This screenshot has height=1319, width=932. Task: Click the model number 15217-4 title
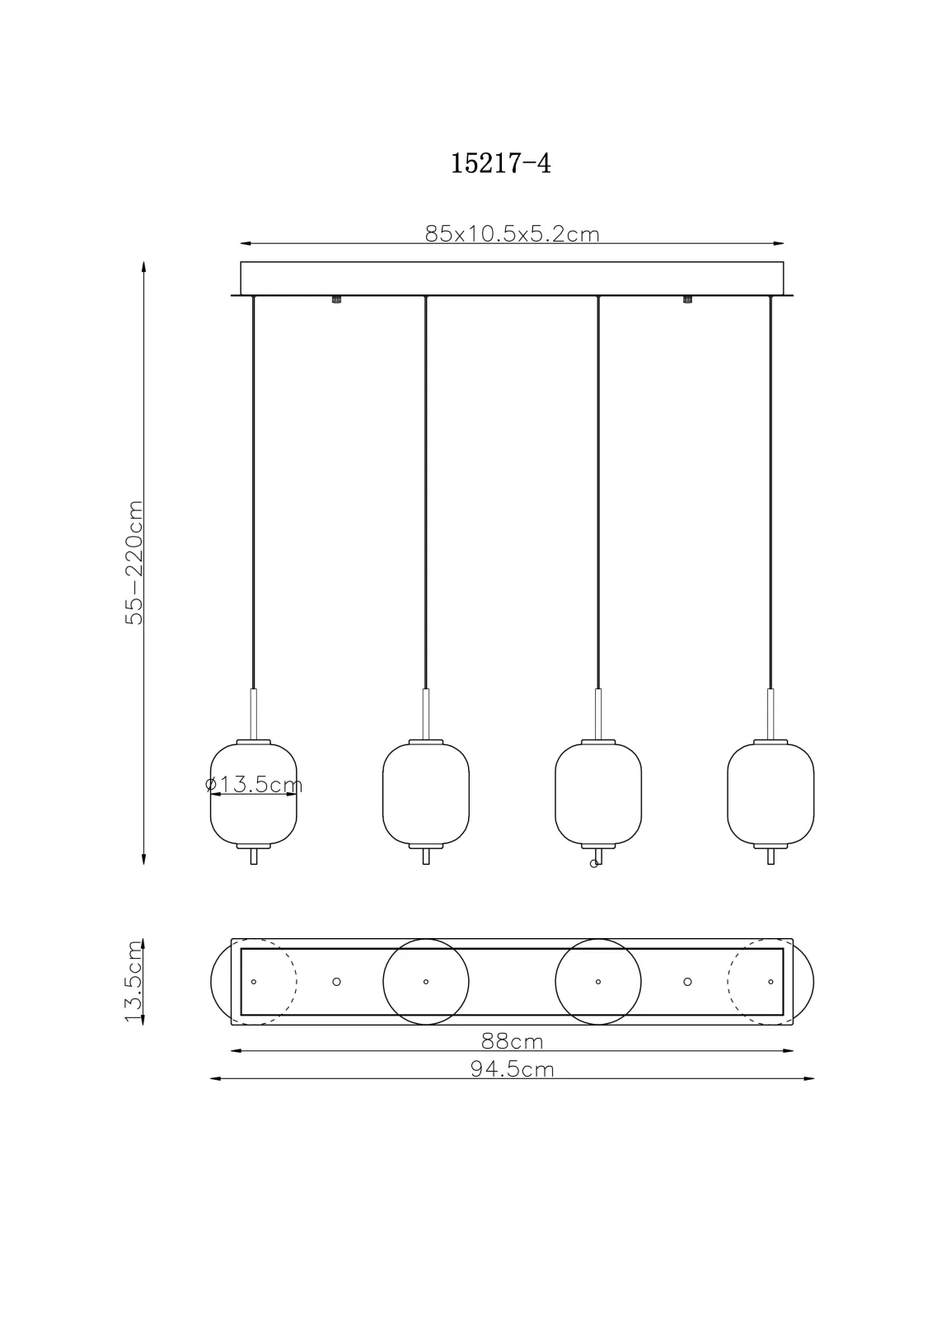500,163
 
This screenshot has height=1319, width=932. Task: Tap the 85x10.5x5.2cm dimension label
513,234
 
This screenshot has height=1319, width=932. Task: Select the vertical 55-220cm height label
134,562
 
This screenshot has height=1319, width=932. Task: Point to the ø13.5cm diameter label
254,784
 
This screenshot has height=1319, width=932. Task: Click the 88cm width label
513,1042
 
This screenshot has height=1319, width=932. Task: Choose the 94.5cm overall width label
513,1069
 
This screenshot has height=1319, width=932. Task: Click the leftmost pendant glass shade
254,795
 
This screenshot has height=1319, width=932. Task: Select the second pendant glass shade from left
426,795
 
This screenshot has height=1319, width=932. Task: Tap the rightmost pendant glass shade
770,795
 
